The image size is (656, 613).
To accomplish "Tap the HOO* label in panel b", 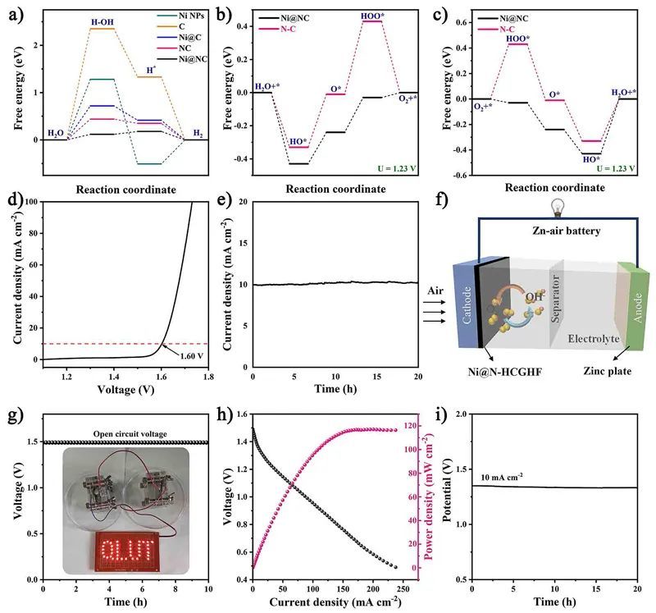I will [x=371, y=15].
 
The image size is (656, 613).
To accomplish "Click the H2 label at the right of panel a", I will [x=198, y=132].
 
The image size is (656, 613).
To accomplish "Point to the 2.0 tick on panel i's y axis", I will [x=459, y=415].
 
